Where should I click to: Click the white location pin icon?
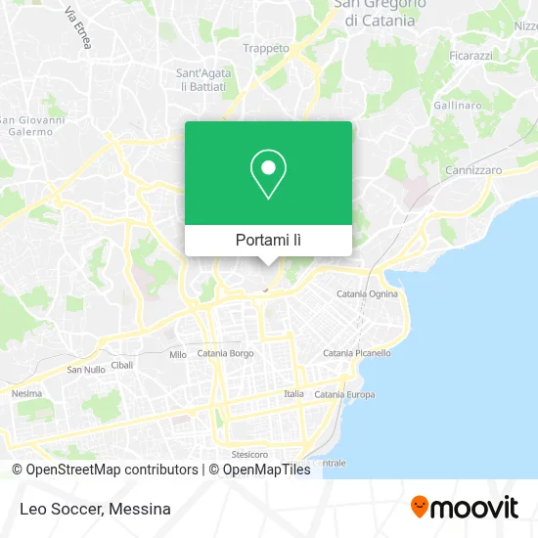[x=268, y=175]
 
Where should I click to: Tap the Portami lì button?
[x=268, y=240]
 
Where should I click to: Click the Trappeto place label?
[x=266, y=48]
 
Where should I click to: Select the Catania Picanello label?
[x=357, y=353]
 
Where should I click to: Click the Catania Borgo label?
[x=226, y=353]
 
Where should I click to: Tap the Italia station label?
[x=293, y=393]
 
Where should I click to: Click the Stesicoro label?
[x=249, y=455]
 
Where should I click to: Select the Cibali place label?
[x=122, y=364]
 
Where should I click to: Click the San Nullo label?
[x=85, y=370]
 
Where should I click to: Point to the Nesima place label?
[x=26, y=393]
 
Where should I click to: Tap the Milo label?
[x=178, y=355]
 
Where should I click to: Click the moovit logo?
[x=464, y=508]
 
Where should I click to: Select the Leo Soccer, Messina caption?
[x=94, y=509]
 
